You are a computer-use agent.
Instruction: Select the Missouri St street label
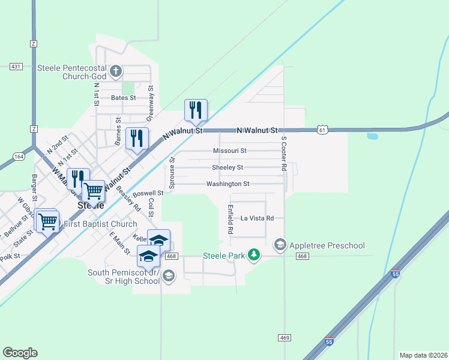pyautogui.click(x=229, y=151)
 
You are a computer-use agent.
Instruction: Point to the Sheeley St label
pyautogui.click(x=228, y=167)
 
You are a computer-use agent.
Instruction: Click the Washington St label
pyautogui.click(x=228, y=184)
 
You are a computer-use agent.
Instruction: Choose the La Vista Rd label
pyautogui.click(x=257, y=218)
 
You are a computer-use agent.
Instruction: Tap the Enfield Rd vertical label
pyautogui.click(x=230, y=219)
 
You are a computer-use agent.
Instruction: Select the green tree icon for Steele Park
pyautogui.click(x=254, y=256)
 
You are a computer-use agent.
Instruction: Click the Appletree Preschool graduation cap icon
pyautogui.click(x=280, y=245)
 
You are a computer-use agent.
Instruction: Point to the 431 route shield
pyautogui.click(x=16, y=67)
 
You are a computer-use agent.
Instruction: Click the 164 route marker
pyautogui.click(x=17, y=156)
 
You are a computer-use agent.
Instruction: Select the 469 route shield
pyautogui.click(x=285, y=338)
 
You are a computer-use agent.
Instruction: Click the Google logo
pyautogui.click(x=20, y=353)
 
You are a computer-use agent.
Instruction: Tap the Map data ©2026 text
pyautogui.click(x=423, y=355)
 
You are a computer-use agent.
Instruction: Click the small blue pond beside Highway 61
pyautogui.click(x=372, y=136)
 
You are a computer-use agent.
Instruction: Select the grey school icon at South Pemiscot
pyautogui.click(x=169, y=276)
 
